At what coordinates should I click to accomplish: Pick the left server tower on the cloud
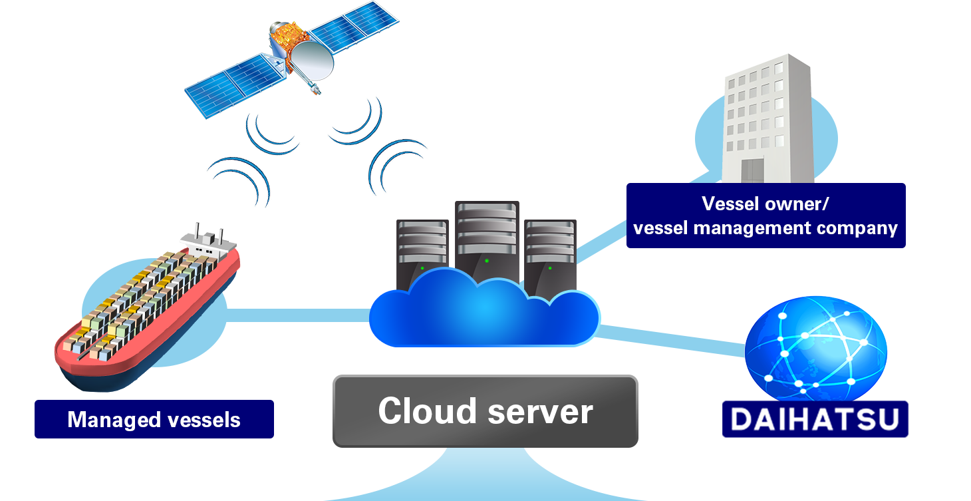click(x=422, y=250)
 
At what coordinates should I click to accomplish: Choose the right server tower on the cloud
click(x=549, y=253)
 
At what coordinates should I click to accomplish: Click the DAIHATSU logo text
click(x=815, y=419)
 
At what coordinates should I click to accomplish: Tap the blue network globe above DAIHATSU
click(x=815, y=349)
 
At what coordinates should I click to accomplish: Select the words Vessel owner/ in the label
click(x=765, y=203)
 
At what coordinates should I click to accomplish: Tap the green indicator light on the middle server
click(x=487, y=260)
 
